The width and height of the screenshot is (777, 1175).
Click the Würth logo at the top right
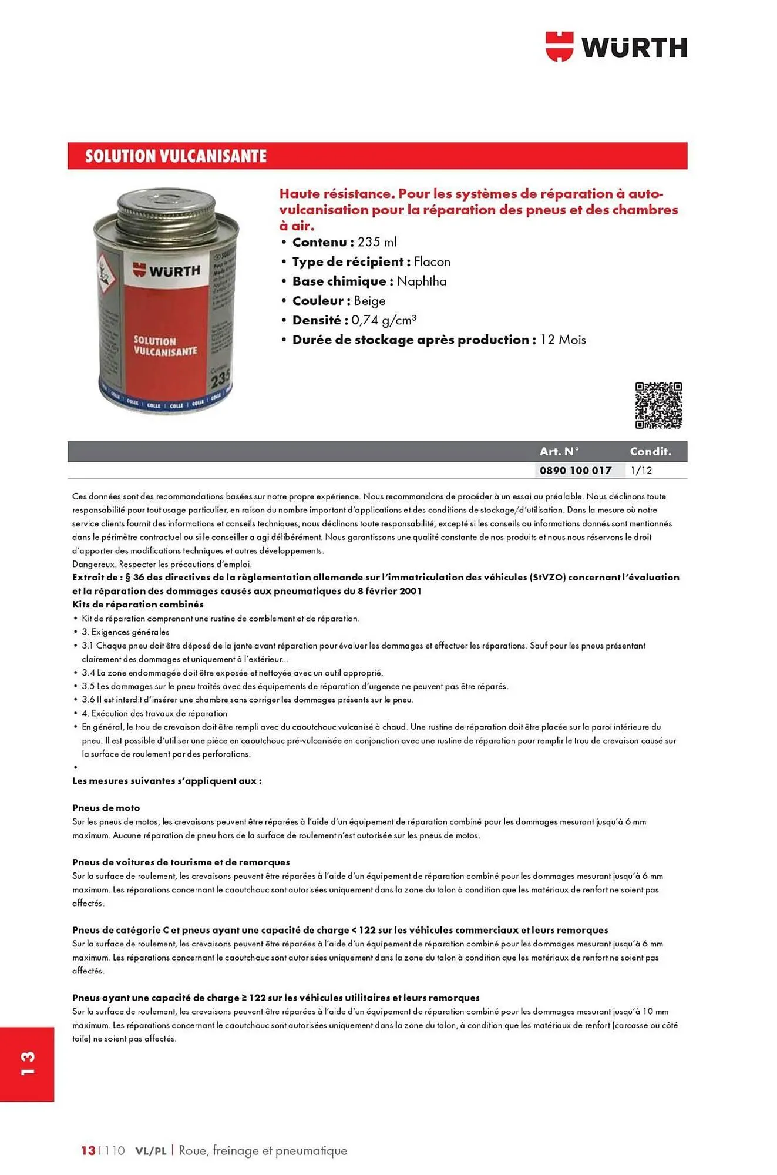coord(616,46)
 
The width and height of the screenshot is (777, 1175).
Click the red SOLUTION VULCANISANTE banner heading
coord(176,156)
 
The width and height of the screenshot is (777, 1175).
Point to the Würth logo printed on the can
coord(166,271)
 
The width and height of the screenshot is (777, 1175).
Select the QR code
coord(658,405)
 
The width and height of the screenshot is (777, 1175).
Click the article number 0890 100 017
coord(575,471)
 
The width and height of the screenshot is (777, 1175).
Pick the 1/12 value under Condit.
coord(641,471)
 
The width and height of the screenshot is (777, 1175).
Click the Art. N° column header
coord(559,451)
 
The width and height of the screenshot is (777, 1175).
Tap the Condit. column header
coord(650,451)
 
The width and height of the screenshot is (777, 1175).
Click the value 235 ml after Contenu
coord(377,242)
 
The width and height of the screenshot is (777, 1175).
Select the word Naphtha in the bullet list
coord(421,281)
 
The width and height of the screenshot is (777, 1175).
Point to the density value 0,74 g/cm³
coord(384,320)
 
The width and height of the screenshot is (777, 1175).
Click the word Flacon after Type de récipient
coord(432,261)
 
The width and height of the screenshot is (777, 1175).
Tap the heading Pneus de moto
coord(106,808)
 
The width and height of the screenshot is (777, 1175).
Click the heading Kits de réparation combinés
coord(137,604)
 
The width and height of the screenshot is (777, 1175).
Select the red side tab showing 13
coord(27,1063)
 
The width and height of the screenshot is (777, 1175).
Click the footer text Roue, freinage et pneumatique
coord(263,1150)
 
